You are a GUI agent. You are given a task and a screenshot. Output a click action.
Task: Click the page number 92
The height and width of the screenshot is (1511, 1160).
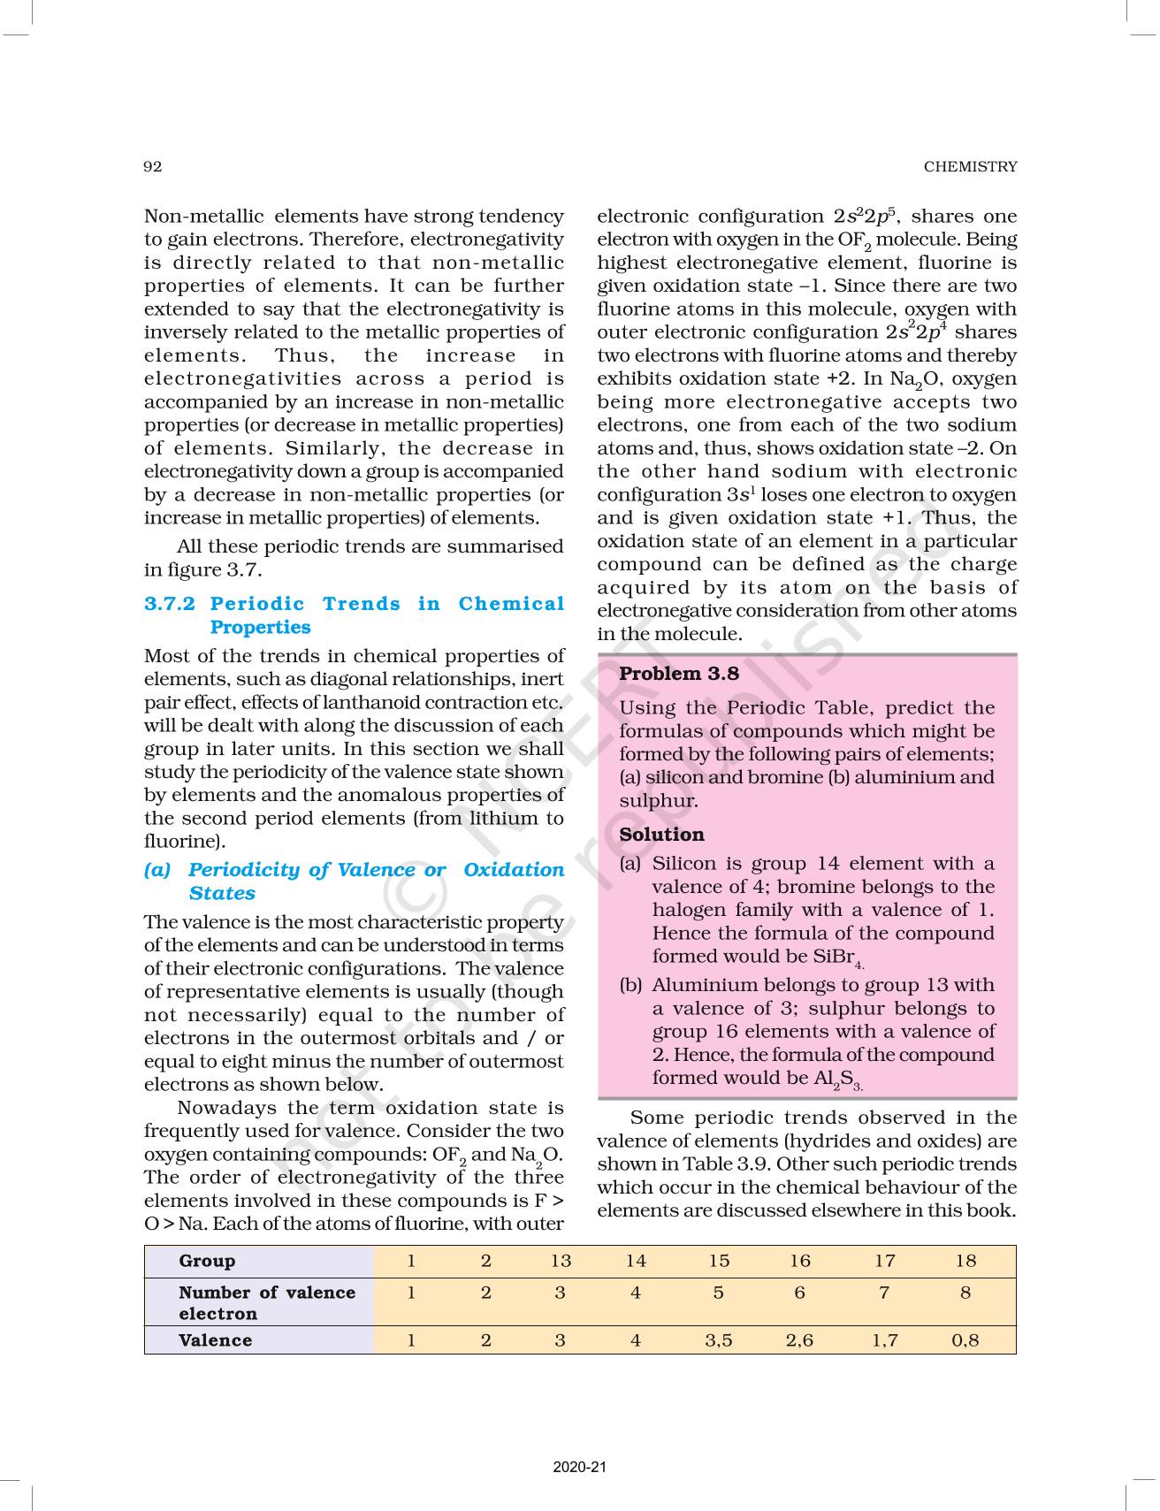[152, 166]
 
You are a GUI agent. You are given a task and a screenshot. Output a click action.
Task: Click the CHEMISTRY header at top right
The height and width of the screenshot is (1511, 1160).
[970, 166]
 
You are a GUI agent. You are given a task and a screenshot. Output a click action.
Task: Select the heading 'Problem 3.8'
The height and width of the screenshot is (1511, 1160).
[678, 674]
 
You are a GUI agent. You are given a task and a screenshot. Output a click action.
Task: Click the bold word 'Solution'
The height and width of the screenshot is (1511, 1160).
[661, 835]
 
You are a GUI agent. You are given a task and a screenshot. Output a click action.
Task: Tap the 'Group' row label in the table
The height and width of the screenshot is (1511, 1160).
[207, 1261]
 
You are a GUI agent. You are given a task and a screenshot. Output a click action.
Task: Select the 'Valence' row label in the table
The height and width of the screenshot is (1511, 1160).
[215, 1340]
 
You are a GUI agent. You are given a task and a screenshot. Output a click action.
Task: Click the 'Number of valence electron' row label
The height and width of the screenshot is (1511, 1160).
[266, 1302]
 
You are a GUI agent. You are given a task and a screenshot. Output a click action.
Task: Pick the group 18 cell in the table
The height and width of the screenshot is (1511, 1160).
[965, 1261]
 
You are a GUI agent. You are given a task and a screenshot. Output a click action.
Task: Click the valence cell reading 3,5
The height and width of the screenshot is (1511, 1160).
[718, 1340]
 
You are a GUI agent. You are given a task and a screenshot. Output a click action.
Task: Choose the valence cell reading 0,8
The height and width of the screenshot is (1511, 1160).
[965, 1340]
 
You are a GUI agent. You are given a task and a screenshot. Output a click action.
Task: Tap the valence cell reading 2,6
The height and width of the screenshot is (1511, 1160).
[799, 1340]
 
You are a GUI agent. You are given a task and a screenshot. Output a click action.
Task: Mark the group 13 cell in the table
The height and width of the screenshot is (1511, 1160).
[561, 1261]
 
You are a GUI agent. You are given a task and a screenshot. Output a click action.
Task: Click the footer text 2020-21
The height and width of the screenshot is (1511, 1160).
[579, 1468]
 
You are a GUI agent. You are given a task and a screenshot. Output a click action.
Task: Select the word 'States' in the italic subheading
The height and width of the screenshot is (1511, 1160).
[222, 893]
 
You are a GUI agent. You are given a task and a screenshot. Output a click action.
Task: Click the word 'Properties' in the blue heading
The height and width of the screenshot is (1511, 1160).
[260, 627]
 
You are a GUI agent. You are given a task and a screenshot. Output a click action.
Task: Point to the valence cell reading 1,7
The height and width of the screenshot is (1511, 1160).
[884, 1340]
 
